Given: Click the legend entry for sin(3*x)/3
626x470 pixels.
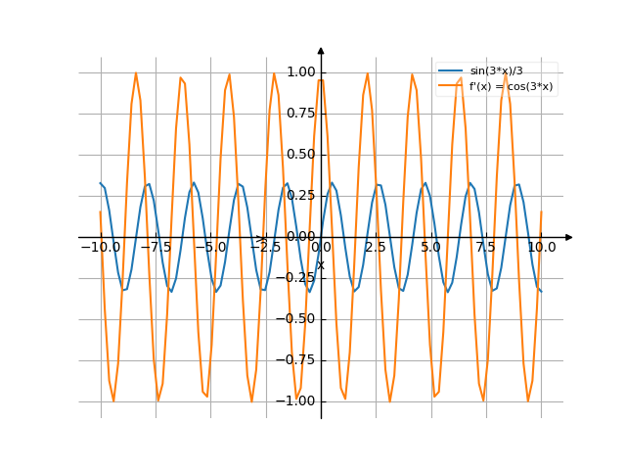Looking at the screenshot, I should pos(499,71).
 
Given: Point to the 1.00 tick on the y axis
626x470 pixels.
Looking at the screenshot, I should pos(301,72).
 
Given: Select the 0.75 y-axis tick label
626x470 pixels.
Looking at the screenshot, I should pos(301,114).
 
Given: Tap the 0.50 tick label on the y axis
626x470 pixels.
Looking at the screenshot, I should pos(301,155).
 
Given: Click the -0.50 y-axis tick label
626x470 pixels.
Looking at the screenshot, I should pos(298,319).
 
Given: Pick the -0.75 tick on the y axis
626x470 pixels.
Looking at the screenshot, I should pos(298,360).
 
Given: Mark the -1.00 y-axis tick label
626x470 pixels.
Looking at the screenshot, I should pos(298,401).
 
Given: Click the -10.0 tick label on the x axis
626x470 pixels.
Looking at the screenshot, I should pos(99,248).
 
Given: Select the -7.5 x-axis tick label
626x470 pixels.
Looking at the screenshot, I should pos(155,248).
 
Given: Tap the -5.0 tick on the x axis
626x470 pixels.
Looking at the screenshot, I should pos(209,248).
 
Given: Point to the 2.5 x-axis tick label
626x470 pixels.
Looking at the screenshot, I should pos(376,248).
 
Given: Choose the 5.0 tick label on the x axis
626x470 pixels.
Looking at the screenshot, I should pos(430,248).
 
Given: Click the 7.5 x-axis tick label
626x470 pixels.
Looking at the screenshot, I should pos(486,248).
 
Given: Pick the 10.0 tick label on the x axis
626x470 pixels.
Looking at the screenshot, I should pos(541,248).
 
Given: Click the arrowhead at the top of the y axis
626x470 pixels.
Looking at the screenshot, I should pos(321,49).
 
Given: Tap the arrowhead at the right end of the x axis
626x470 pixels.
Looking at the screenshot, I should pos(569,237).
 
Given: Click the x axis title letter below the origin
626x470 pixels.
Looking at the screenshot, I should pos(320,264).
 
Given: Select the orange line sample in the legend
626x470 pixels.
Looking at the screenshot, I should pos(451,86).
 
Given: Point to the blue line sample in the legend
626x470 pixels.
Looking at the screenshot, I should pos(451,71).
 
